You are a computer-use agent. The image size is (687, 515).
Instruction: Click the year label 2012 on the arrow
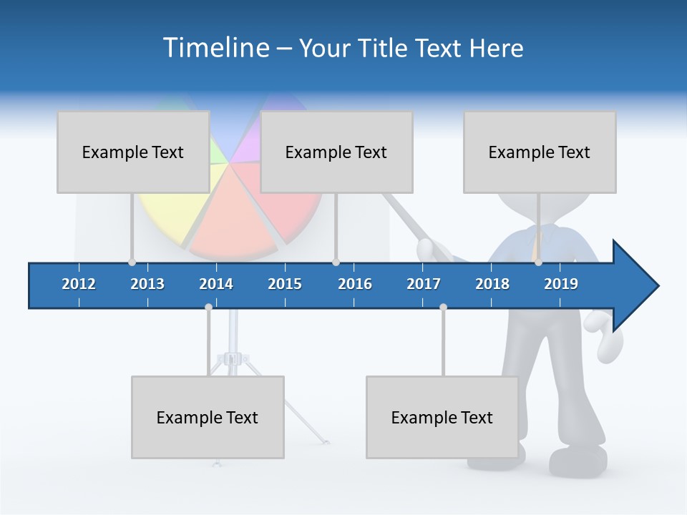[x=79, y=284]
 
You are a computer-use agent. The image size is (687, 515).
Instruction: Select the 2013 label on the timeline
[x=147, y=284]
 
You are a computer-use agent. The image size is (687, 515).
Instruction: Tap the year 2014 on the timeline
[x=216, y=284]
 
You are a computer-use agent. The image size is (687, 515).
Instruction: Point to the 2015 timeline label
[x=285, y=284]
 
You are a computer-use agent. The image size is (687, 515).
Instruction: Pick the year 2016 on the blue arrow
[x=355, y=284]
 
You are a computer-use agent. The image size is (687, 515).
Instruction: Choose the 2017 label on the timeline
[x=424, y=284]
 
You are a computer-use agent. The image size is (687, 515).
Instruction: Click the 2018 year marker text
[x=492, y=284]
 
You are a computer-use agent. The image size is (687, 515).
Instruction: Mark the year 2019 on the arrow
[x=561, y=284]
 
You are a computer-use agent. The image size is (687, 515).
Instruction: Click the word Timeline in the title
[x=215, y=48]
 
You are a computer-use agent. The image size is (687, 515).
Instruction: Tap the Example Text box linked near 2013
[x=133, y=152]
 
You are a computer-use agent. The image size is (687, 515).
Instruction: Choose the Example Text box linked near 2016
[x=336, y=152]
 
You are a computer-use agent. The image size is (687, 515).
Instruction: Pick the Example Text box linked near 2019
[x=540, y=152]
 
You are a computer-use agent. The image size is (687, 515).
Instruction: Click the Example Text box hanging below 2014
[x=208, y=417]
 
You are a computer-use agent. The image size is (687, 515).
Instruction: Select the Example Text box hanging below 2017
[x=442, y=417]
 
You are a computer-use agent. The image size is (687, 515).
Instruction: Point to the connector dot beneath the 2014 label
[x=208, y=307]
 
